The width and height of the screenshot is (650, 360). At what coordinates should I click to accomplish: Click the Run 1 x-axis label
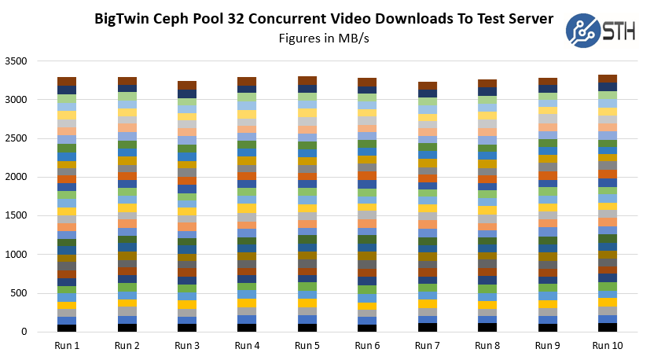[67, 345]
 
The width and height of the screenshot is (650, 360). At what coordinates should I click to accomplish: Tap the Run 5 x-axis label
[307, 345]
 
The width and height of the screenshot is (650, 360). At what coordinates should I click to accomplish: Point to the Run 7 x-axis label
[428, 345]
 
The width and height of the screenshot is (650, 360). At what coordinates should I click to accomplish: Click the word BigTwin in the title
[123, 18]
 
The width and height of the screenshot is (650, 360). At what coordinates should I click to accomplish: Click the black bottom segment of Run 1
[67, 328]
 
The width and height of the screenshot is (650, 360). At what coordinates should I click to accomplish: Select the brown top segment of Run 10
[608, 79]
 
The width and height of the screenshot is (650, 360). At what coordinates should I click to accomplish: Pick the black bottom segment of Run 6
[367, 328]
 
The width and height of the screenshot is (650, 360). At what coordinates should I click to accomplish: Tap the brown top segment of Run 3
[187, 85]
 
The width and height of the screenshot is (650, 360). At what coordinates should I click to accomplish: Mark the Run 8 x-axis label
[487, 345]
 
